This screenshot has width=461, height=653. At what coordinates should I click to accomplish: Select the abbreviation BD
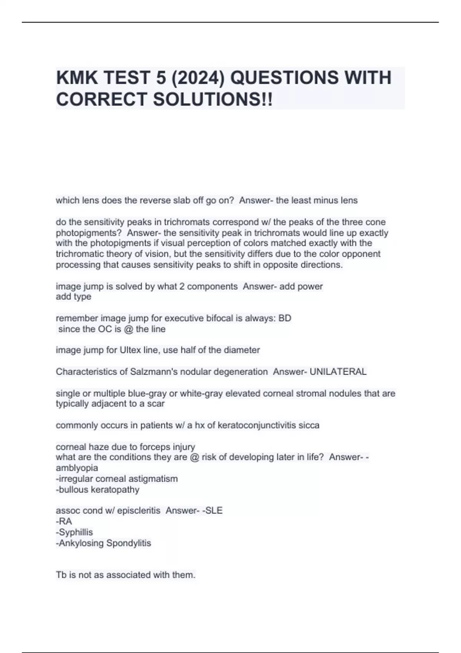coord(285,318)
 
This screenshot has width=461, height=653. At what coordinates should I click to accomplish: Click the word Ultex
coord(131,350)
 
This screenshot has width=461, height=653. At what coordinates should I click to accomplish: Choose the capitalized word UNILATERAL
coord(338,372)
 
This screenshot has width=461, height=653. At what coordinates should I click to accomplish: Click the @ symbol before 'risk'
coord(194,457)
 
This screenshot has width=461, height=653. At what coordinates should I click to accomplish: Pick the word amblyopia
coord(77,468)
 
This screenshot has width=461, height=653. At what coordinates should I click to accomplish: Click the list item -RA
coord(64,521)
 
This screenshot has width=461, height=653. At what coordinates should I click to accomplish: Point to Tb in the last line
coord(61,575)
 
